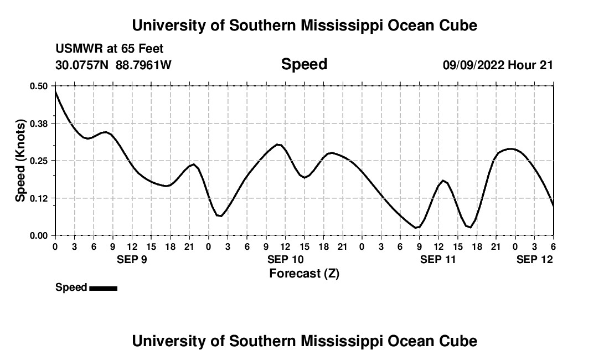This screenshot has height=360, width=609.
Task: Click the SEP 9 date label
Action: pos(131,259)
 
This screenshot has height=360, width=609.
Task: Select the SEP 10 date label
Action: pos(285,259)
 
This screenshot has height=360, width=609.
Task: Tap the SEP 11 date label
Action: pos(438,259)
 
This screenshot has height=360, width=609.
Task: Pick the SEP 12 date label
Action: pos(535,259)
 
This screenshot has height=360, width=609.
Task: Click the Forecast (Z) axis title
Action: pos(304,274)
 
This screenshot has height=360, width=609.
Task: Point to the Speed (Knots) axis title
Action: pos(20,161)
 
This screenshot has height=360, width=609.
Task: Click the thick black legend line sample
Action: pos(103,288)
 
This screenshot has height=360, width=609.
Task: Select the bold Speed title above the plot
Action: pos(304,64)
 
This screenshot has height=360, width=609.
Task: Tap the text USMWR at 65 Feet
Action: pos(110,49)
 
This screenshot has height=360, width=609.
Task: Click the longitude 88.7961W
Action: pos(143,65)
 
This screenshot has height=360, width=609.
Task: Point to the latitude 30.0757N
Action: pos(83,65)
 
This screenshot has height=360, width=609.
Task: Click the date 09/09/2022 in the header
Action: pos(473,65)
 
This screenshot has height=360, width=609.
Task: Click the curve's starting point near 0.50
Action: pos(55,90)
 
